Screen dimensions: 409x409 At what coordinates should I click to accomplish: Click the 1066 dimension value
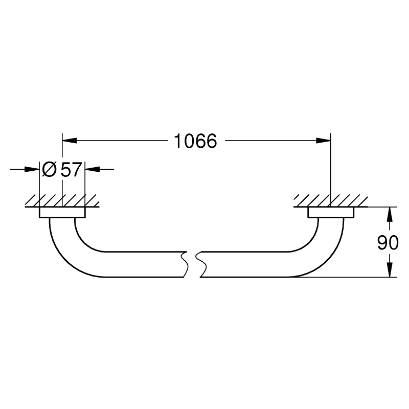tap(195, 141)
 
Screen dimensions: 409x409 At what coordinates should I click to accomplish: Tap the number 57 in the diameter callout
tap(71, 170)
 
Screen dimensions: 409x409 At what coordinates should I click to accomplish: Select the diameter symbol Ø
tap(49, 170)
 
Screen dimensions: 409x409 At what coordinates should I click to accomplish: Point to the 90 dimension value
tap(388, 242)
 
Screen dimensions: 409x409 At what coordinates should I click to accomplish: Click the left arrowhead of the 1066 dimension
tap(70, 141)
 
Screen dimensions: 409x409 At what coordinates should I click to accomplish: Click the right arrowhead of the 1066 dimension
tap(323, 141)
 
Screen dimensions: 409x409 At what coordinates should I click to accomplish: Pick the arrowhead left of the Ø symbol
tap(32, 169)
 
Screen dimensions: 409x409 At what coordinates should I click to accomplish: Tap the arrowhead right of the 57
tap(93, 169)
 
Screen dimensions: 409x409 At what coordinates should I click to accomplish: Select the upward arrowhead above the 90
tap(390, 214)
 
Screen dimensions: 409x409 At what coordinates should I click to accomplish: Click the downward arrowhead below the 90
tap(390, 269)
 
